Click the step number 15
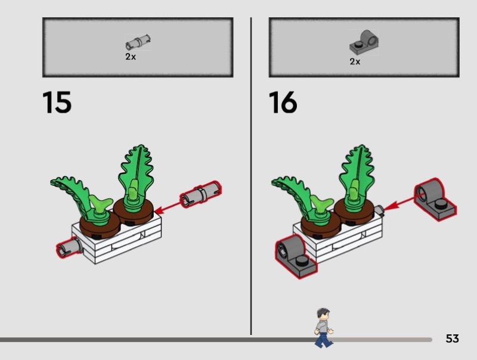[x=57, y=102]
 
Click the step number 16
[x=283, y=102]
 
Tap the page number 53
[x=452, y=339]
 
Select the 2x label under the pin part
[x=131, y=57]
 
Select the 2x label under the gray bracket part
[x=355, y=61]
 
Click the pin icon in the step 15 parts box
[x=138, y=42]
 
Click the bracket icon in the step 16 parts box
[x=364, y=42]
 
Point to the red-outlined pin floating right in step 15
[x=200, y=194]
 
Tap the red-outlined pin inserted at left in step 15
[x=69, y=247]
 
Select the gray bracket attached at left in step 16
[x=295, y=256]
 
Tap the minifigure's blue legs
[x=323, y=340]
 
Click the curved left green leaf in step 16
[x=292, y=194]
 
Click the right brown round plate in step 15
[x=134, y=210]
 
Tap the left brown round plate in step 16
[x=320, y=225]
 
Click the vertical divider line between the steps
[x=251, y=176]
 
